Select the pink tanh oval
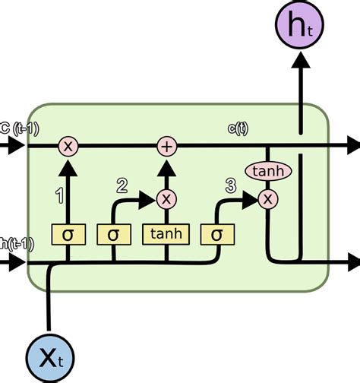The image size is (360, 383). (x=267, y=173)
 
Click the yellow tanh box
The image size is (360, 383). (x=165, y=233)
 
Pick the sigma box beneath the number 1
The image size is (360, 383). (x=68, y=233)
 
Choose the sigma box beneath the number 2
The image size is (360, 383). (x=114, y=233)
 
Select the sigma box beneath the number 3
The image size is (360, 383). (x=216, y=233)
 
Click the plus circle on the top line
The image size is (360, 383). (x=166, y=146)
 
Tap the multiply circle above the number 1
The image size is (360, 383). (x=68, y=146)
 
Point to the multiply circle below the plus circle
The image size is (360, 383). (x=166, y=199)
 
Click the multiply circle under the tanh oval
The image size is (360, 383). (x=267, y=199)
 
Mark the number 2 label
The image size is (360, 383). (x=121, y=185)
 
